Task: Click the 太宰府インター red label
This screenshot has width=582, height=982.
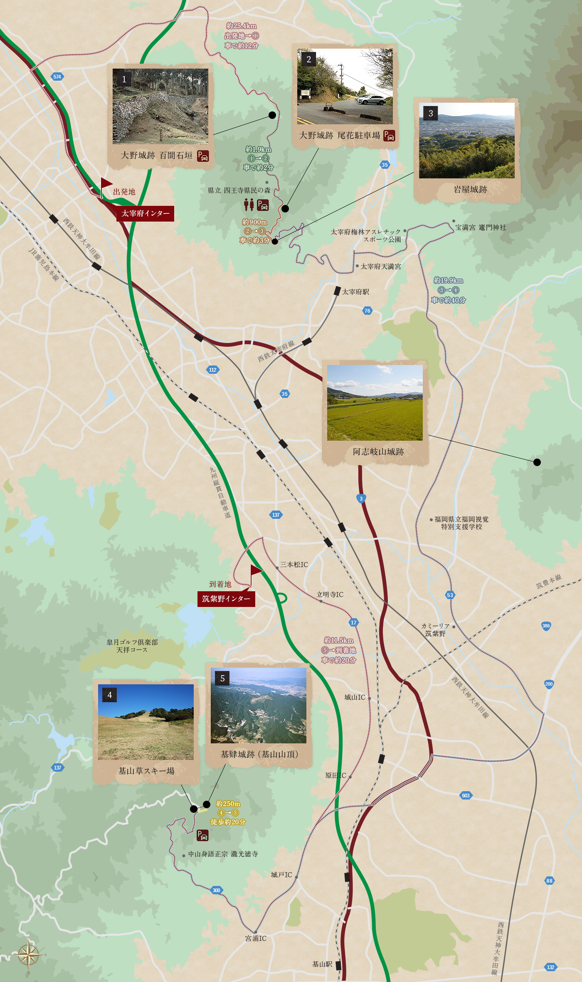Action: (145, 213)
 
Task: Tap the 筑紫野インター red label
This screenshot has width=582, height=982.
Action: (226, 599)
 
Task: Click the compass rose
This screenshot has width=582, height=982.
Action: (28, 954)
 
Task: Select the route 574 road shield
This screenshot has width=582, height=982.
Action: (57, 76)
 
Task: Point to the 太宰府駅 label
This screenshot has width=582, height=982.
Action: (355, 292)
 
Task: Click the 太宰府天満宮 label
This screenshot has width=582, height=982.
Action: (380, 266)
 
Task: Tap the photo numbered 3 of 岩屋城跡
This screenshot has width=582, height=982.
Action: (466, 141)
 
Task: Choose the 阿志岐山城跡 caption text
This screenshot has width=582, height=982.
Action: (378, 452)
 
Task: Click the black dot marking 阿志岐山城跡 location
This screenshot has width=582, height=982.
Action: (537, 462)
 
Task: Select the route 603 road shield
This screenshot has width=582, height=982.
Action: (466, 795)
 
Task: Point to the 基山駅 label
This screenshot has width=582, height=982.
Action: (322, 964)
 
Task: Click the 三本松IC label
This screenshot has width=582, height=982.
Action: (294, 564)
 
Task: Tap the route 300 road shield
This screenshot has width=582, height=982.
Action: (216, 890)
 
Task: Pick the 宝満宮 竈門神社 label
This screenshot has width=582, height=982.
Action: (481, 227)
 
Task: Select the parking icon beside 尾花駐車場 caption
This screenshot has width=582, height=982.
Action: (389, 136)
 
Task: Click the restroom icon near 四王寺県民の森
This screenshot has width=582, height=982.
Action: (249, 205)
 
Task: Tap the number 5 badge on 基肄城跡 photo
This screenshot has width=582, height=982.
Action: (222, 679)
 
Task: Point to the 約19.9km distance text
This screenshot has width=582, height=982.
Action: (448, 281)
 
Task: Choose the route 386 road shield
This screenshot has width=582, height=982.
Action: (546, 626)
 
